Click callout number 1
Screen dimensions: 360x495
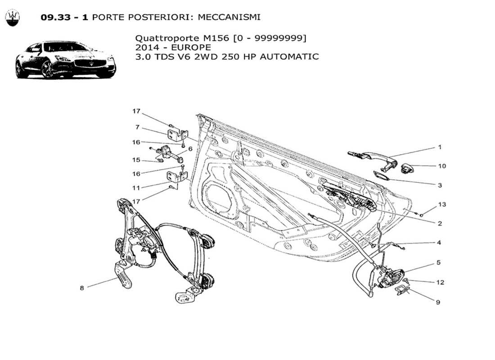[x=440, y=147]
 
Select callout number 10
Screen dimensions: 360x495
[x=442, y=166]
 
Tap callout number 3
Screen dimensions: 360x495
[x=440, y=185]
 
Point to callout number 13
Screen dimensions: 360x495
[x=442, y=204]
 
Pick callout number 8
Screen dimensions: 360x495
[x=82, y=288]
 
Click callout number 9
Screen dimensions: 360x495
[x=437, y=302]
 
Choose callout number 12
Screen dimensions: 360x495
[x=440, y=283]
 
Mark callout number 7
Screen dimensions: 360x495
[x=137, y=127]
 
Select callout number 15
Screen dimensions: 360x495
[x=136, y=160]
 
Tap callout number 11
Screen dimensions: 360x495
[x=136, y=187]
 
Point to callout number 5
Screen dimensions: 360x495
[x=438, y=262]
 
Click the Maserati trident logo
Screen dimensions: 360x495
[x=13, y=18]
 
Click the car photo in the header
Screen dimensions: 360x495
[x=66, y=59]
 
